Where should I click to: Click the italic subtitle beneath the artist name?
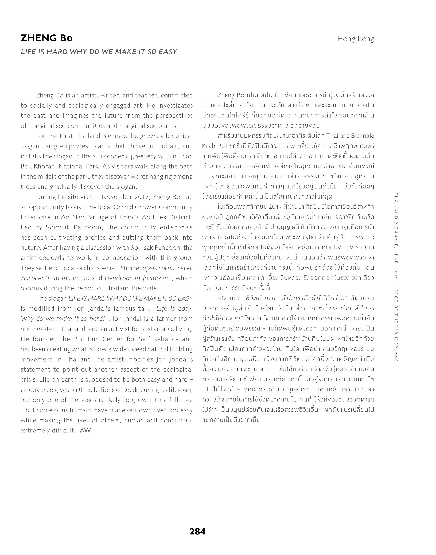click(99, 52)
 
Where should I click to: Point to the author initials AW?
click(85, 430)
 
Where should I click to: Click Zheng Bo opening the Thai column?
click(231, 95)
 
